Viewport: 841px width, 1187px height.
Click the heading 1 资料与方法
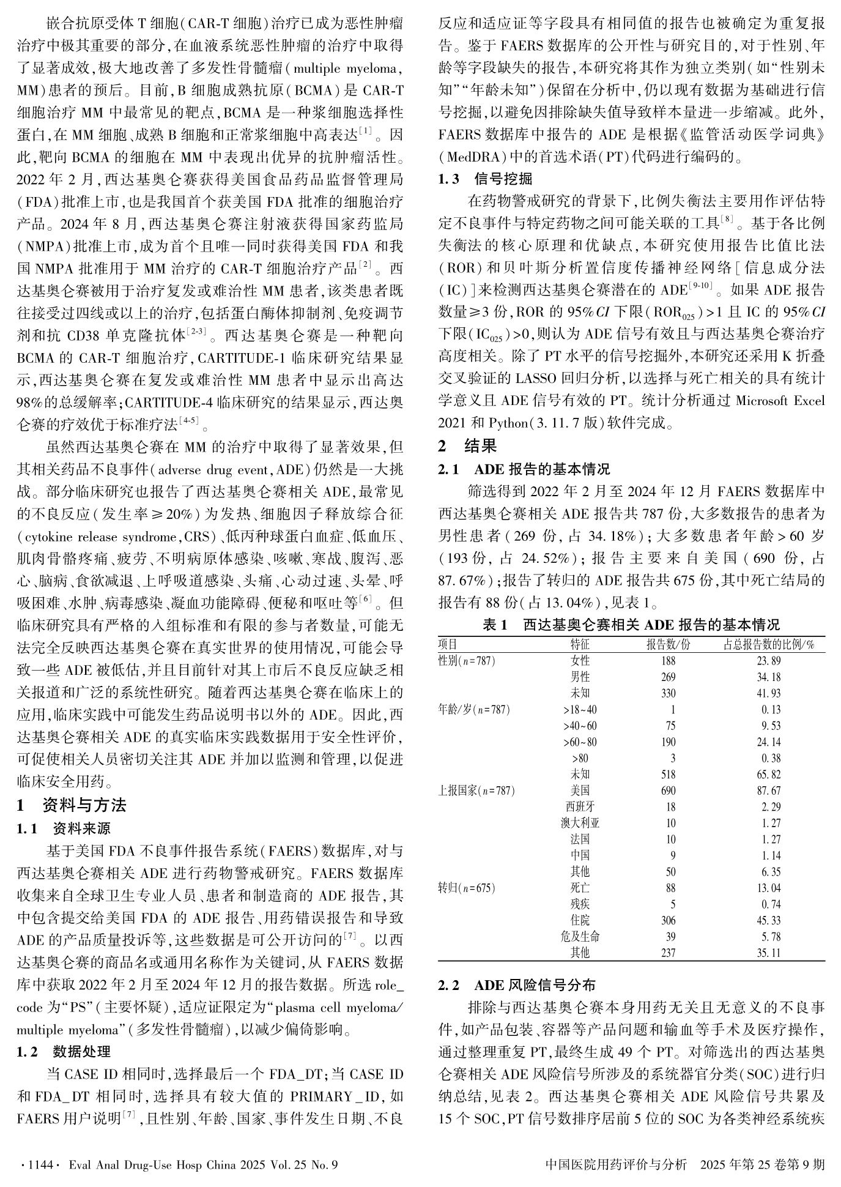click(72, 805)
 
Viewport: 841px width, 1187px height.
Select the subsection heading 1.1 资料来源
click(64, 828)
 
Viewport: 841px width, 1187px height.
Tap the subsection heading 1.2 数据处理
click(64, 1051)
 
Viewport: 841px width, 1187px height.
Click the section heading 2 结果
click(468, 446)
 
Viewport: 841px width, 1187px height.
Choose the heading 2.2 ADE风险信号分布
click(517, 984)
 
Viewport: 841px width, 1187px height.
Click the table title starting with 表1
click(631, 625)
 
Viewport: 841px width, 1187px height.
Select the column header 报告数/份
click(668, 644)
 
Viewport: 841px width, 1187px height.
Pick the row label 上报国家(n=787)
click(476, 791)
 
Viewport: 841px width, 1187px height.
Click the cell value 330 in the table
click(668, 693)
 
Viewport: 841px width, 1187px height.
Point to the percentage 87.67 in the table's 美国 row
click(769, 791)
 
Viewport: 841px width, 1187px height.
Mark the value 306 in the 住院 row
click(668, 920)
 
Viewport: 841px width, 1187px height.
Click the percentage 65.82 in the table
click(769, 775)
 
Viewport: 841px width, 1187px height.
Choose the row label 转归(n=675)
click(467, 888)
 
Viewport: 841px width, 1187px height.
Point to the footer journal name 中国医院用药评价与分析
click(615, 1164)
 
